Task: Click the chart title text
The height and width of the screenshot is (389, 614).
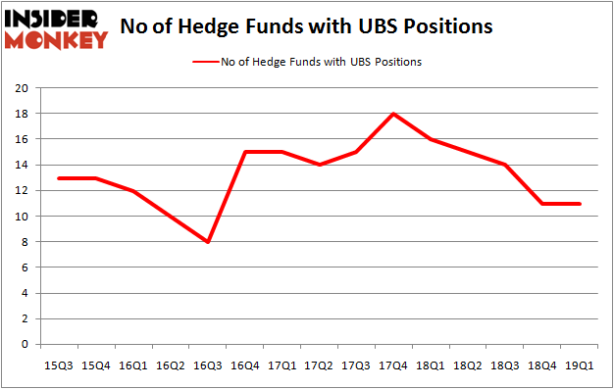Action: [x=306, y=26]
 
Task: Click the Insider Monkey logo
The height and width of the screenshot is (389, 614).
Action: [x=56, y=28]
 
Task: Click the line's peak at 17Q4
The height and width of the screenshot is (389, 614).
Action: [x=393, y=114]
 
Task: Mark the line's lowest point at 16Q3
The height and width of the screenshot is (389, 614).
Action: [x=208, y=242]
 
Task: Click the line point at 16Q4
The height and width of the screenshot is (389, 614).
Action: [x=245, y=152]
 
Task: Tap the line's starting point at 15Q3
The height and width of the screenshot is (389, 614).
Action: [x=59, y=177]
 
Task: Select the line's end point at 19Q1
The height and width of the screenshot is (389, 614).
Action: [x=580, y=203]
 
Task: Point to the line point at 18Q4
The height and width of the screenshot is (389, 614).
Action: [x=542, y=203]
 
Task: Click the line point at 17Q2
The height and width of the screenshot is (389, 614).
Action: [x=320, y=165]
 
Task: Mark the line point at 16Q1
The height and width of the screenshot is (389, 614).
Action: [x=133, y=190]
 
